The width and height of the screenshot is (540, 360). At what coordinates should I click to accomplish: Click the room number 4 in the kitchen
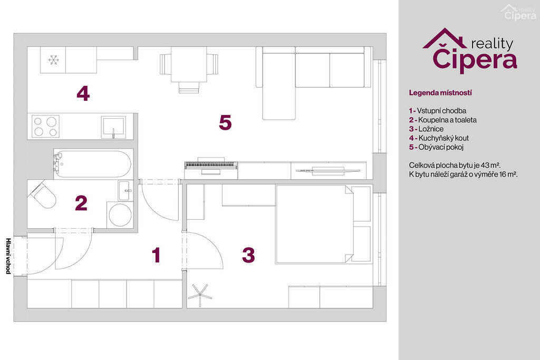[83, 93]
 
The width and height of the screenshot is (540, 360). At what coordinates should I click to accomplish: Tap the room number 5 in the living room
[225, 122]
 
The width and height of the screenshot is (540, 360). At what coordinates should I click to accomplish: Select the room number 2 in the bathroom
[81, 203]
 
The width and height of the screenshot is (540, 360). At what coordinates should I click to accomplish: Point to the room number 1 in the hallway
[156, 255]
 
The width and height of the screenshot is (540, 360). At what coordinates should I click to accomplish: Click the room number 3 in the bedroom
[248, 255]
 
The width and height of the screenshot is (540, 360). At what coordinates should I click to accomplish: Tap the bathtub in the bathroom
[92, 164]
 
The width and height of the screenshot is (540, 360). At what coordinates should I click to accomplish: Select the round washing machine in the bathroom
[120, 215]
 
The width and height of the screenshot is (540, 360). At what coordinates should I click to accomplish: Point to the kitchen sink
[113, 127]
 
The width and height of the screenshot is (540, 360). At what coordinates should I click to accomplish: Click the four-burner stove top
[45, 127]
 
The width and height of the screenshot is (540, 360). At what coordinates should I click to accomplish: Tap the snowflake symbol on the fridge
[53, 60]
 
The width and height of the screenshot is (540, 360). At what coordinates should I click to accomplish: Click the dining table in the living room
[189, 64]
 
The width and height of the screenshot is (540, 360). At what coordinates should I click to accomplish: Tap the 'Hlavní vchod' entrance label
[8, 256]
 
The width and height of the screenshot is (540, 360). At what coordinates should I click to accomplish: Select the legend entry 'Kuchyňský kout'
[443, 138]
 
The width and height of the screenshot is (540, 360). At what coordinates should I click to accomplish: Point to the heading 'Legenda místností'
[440, 93]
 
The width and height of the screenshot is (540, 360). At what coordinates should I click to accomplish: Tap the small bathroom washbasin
[126, 191]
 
